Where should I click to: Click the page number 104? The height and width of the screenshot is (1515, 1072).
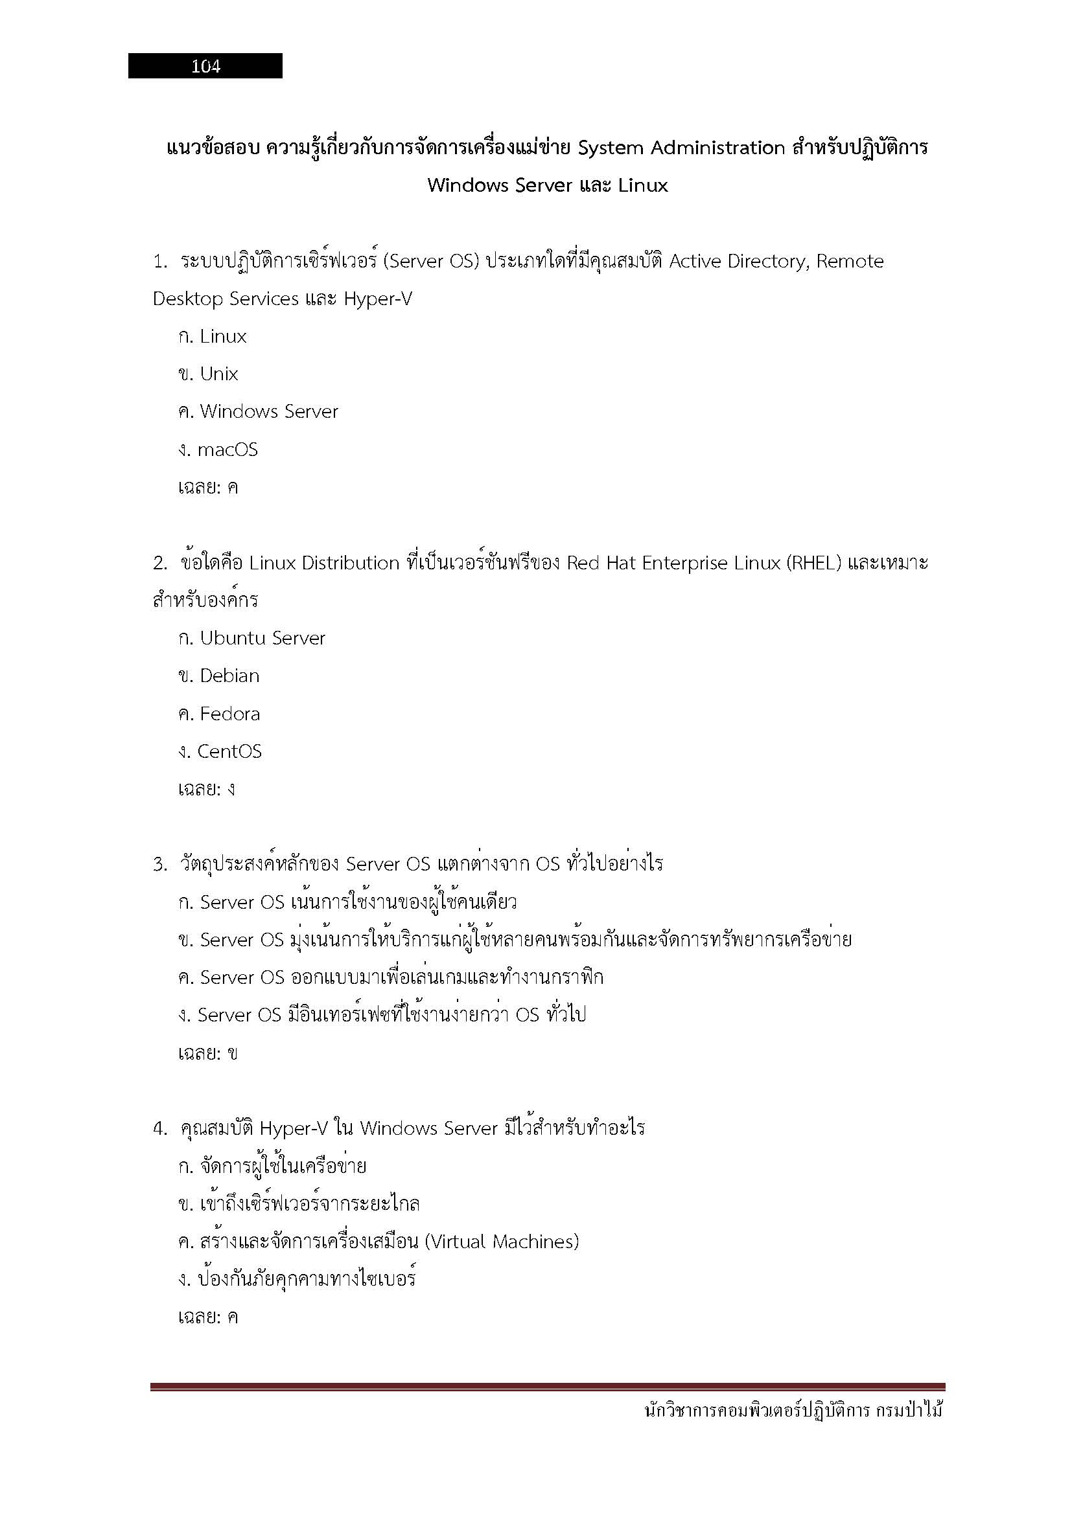pos(205,66)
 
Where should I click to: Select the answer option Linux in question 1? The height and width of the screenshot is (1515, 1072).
pos(222,337)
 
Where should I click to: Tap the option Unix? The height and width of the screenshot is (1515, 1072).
pos(218,374)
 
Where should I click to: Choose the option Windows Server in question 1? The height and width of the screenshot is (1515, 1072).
pos(269,412)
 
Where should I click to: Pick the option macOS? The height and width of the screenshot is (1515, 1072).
pos(227,450)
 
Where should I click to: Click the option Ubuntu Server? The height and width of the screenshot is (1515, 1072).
pos(262,638)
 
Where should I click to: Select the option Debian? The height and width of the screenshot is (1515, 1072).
pos(229,676)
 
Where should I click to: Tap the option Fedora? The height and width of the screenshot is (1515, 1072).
pos(229,714)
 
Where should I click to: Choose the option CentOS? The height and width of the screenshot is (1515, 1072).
pos(229,751)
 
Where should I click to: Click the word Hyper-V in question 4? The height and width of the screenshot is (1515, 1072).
pos(293,1129)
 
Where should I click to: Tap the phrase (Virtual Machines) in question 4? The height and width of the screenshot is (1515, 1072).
pos(502,1242)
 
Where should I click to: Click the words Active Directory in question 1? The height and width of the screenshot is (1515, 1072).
pos(738,262)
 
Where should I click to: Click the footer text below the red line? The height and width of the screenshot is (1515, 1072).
pos(793,1411)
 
